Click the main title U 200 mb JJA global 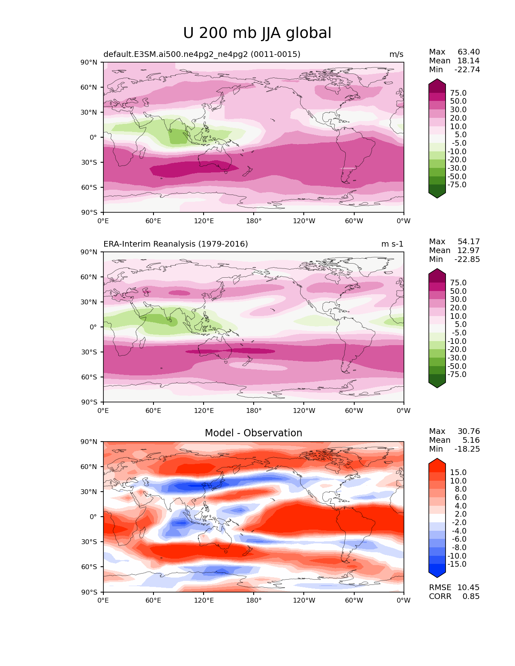(x=257, y=34)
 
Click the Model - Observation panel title (x=253, y=433)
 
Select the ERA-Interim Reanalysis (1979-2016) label (x=176, y=244)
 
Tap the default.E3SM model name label (x=202, y=54)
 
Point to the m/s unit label (x=396, y=54)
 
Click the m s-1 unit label (x=392, y=244)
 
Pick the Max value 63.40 (x=469, y=52)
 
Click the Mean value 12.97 (x=468, y=251)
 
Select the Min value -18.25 (x=467, y=449)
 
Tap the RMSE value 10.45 (x=468, y=588)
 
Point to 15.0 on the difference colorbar (x=458, y=473)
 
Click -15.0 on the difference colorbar (x=457, y=564)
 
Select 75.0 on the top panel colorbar (x=458, y=93)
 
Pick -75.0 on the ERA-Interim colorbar (x=457, y=375)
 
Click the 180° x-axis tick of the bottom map (x=254, y=601)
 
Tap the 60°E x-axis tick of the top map (x=153, y=221)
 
